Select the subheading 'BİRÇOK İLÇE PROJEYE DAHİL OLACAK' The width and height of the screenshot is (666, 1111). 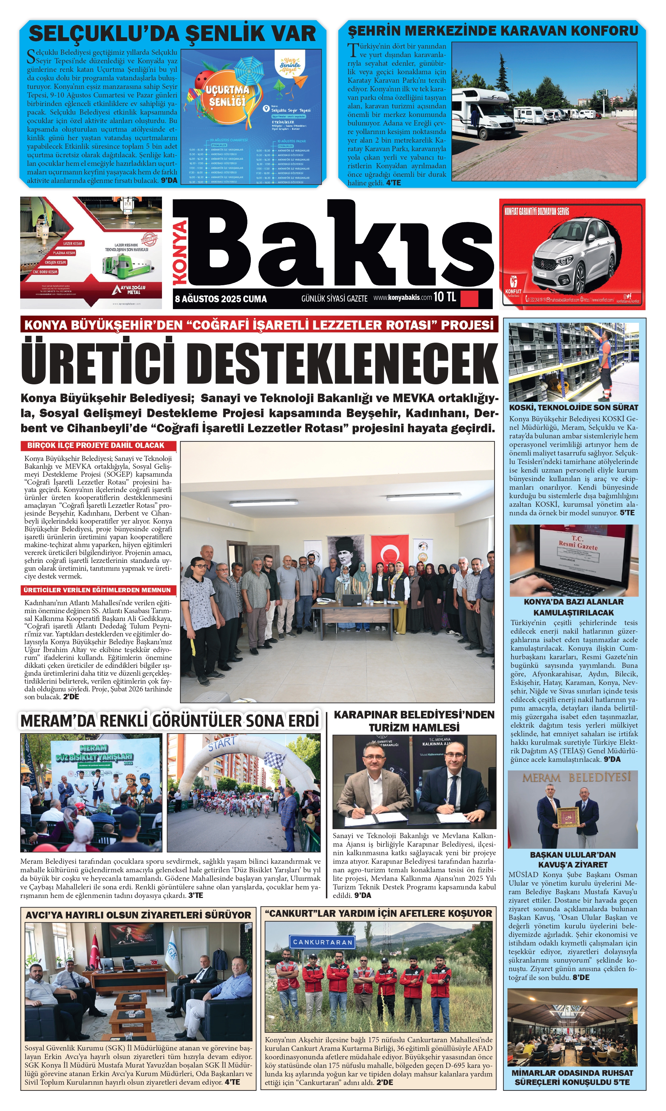point(96,446)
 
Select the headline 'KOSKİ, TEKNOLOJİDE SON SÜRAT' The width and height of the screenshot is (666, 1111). point(573,408)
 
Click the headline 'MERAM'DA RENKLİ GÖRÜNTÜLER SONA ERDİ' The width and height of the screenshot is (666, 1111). point(169,721)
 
